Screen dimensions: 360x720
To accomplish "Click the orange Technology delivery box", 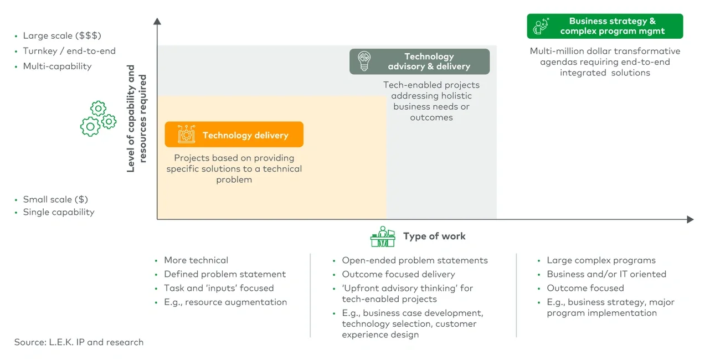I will pyautogui.click(x=234, y=135).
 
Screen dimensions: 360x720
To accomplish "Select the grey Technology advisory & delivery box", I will pyautogui.click(x=419, y=61).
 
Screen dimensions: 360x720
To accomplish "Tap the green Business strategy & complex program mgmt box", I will pyautogui.click(x=605, y=26).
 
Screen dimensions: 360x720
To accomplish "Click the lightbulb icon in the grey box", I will pyautogui.click(x=364, y=61).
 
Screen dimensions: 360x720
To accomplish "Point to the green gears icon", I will pyautogui.click(x=98, y=119).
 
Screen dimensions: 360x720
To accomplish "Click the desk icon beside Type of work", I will pyautogui.click(x=383, y=236).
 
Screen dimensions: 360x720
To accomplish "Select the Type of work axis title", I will pyautogui.click(x=434, y=236).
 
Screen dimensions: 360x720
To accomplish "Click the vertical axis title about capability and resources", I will pyautogui.click(x=137, y=119).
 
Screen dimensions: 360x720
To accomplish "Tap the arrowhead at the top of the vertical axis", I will pyautogui.click(x=157, y=21).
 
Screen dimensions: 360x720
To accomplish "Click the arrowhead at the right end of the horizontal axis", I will pyautogui.click(x=690, y=219).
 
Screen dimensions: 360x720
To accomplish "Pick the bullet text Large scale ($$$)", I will pyautogui.click(x=62, y=36).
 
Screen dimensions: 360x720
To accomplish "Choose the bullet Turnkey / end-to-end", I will pyautogui.click(x=69, y=51).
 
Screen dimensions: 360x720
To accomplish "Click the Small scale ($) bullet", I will pyautogui.click(x=55, y=199).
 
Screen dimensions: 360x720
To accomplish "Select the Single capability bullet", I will pyautogui.click(x=59, y=212).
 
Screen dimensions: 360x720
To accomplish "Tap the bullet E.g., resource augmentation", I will pyautogui.click(x=225, y=302).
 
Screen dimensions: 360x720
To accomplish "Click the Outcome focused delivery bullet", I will pyautogui.click(x=398, y=274).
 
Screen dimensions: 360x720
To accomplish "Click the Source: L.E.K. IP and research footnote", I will pyautogui.click(x=79, y=342).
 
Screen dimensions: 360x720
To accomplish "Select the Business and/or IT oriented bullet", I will pyautogui.click(x=606, y=274).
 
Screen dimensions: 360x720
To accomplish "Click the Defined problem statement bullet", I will pyautogui.click(x=225, y=274).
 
